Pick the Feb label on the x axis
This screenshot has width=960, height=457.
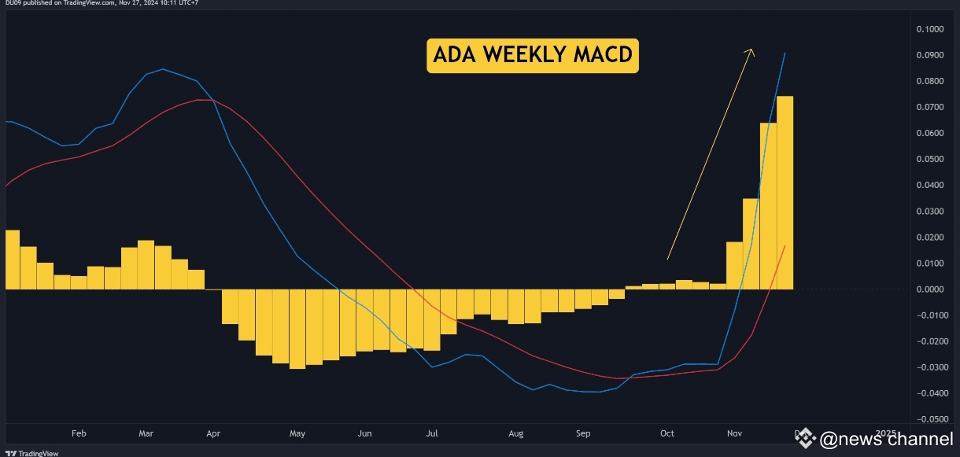pos(78,433)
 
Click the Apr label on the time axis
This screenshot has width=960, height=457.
pos(212,433)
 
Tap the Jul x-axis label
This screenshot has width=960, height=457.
pos(431,433)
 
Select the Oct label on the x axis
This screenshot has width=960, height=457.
pos(666,433)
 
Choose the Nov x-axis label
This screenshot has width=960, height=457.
pos(734,433)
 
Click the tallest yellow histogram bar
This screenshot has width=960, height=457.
pos(785,192)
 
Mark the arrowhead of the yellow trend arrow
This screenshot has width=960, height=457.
pos(751,50)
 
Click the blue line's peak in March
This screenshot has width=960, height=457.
pos(162,69)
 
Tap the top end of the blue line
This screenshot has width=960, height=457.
pos(785,53)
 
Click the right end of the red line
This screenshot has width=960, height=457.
pos(785,246)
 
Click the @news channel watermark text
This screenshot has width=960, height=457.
pos(885,439)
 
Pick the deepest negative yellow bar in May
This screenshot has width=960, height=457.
pos(297,329)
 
